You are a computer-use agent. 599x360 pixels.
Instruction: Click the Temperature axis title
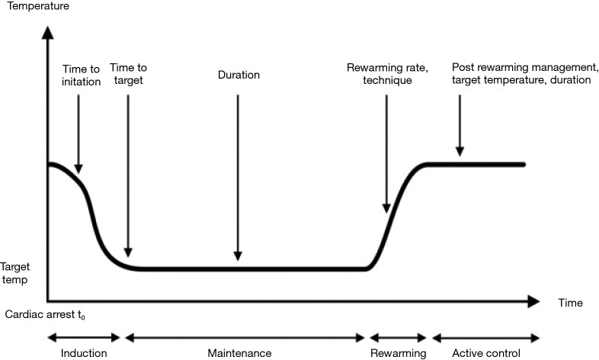click(37, 7)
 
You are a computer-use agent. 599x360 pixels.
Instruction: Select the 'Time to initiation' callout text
click(81, 76)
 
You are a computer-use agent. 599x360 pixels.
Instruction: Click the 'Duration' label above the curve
click(239, 76)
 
